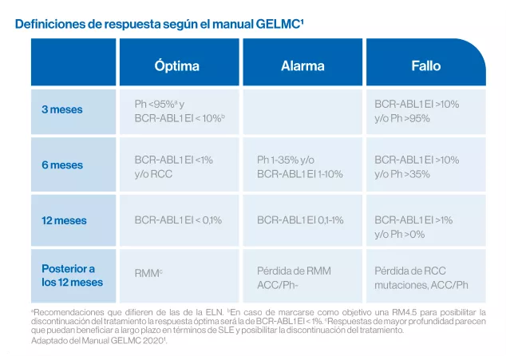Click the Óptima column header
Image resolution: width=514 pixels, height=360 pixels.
pos(177,65)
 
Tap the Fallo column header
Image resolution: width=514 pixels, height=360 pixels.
pos(425,65)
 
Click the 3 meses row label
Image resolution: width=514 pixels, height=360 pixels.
pos(62,109)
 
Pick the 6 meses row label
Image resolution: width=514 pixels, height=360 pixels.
pos(62,165)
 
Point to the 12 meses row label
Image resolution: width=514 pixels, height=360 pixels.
pos(64,220)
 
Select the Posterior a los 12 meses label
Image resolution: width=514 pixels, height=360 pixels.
pos(72,275)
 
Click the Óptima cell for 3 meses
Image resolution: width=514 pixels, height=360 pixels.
pos(180,111)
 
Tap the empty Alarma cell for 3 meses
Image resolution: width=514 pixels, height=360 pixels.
pos(302,111)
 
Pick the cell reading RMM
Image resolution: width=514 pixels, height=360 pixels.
pos(149,273)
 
